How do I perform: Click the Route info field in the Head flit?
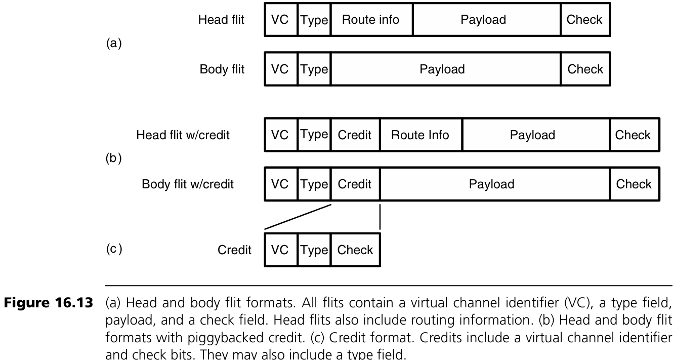[x=371, y=20]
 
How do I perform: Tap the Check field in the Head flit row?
[x=584, y=20]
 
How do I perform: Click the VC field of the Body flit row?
[x=280, y=69]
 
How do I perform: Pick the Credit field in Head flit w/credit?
[x=355, y=135]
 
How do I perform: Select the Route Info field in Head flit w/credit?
[x=420, y=135]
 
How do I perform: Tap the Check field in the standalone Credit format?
[x=355, y=250]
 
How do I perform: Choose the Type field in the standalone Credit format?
[x=314, y=250]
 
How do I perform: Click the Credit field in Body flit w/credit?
[x=355, y=184]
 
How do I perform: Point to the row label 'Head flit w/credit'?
[x=183, y=135]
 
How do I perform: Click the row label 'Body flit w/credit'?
[x=188, y=184]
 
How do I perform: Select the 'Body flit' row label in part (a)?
[x=222, y=69]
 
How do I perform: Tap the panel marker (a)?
[x=113, y=44]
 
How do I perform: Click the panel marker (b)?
[x=113, y=158]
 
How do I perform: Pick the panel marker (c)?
[x=114, y=249]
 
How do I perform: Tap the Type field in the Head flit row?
[x=314, y=20]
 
